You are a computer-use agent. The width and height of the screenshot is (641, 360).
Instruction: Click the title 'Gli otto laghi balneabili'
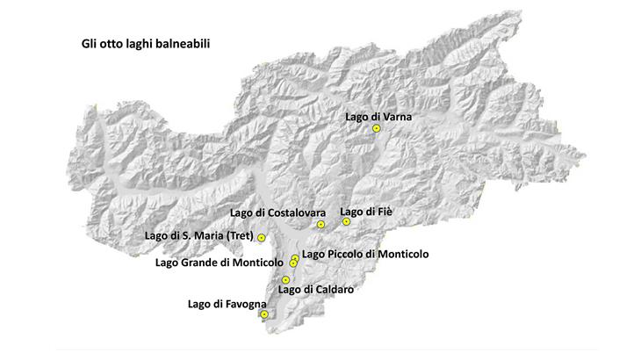[134, 42]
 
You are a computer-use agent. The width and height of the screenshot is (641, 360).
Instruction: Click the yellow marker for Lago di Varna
[376, 128]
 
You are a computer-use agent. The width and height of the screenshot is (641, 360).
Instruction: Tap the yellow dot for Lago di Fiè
[347, 222]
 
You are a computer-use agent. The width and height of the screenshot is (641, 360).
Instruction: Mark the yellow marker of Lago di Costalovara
[320, 225]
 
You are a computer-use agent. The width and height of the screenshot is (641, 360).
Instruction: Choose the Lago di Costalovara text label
[278, 213]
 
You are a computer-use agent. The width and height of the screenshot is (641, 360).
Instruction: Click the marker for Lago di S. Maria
[262, 238]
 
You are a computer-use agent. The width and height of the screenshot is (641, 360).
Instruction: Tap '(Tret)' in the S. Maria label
[239, 236]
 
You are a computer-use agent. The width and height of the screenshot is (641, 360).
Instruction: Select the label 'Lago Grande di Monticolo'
[219, 262]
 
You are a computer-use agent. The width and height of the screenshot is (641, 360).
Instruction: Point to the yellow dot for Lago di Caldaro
[285, 280]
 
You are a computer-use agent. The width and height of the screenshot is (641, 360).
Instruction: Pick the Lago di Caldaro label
[315, 288]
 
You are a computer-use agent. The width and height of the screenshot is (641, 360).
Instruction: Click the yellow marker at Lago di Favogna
[264, 314]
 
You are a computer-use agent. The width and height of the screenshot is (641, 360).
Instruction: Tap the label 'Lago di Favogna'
[227, 304]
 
